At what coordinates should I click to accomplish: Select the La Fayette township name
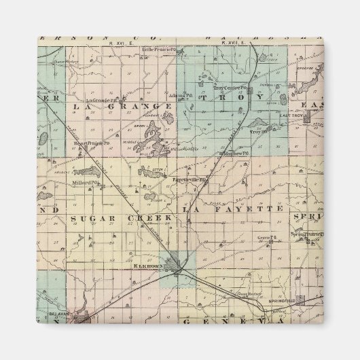pos(233,209)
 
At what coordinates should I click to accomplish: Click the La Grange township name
pos(111,106)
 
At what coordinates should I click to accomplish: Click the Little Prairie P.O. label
pos(159,50)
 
